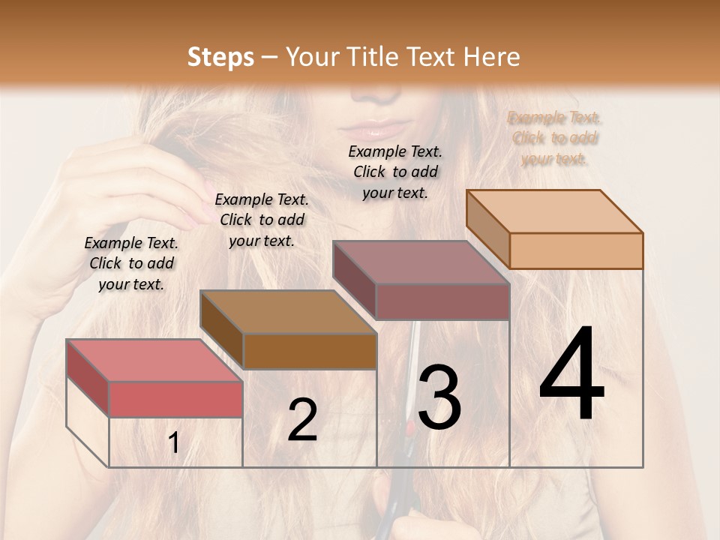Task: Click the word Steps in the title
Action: [x=220, y=57]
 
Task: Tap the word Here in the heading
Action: [x=490, y=57]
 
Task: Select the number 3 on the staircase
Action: [x=439, y=397]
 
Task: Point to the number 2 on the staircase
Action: [x=302, y=420]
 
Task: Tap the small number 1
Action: [x=173, y=442]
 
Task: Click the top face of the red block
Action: [x=154, y=360]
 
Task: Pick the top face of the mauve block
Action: [x=421, y=262]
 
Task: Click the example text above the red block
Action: [x=131, y=263]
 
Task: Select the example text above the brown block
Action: [x=262, y=220]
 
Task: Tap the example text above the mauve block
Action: [x=395, y=172]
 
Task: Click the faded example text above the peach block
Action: [x=554, y=138]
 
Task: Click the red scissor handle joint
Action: [x=409, y=428]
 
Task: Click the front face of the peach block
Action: [x=576, y=250]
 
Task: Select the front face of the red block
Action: [x=175, y=399]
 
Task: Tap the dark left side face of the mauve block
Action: [x=354, y=279]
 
